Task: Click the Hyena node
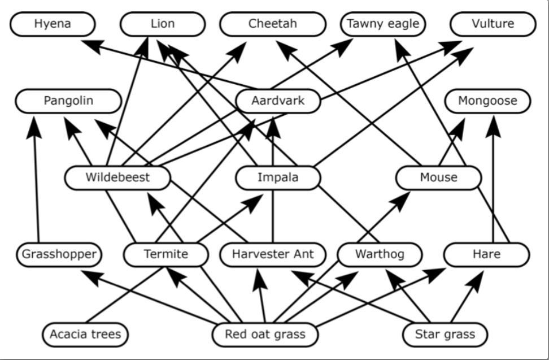coord(53,24)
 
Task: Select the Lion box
coord(163,24)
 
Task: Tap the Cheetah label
coord(272,24)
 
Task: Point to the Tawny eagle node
coord(383,24)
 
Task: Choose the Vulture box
coord(493,24)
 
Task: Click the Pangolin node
coord(68,101)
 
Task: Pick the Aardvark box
coord(278,101)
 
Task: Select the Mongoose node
coord(487,101)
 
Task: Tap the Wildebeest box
coord(117,177)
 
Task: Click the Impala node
coord(278,177)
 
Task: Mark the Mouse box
coord(438,177)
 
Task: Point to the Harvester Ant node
coord(273,254)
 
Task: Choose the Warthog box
coord(380,254)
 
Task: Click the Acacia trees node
coord(85,335)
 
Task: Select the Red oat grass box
coord(265,335)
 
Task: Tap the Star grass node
coord(445,335)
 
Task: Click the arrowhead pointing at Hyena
coord(90,46)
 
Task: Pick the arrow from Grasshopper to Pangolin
coord(37,181)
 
